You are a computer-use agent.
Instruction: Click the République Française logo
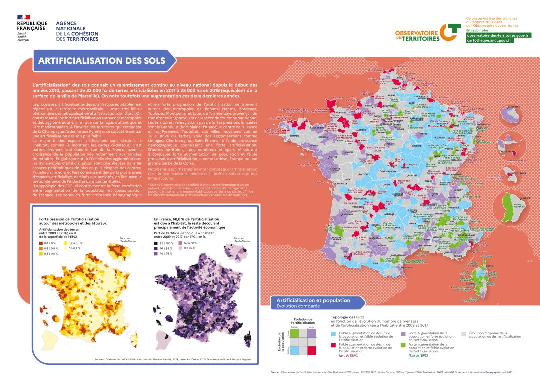pyautogui.click(x=32, y=31)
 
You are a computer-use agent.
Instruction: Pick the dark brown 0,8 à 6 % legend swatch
pyautogui.click(x=41, y=243)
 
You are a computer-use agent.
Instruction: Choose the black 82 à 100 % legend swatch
pyautogui.click(x=156, y=243)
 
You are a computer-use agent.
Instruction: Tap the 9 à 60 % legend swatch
pyautogui.click(x=181, y=248)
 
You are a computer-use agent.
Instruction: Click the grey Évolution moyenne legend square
pyautogui.click(x=464, y=333)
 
